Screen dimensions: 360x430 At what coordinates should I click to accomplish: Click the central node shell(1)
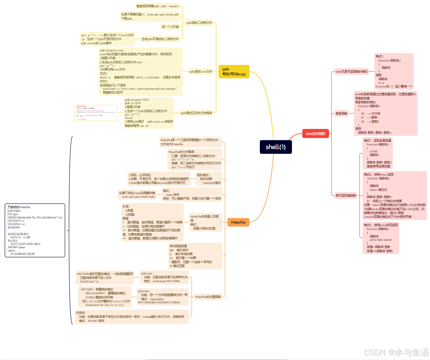pos(276,147)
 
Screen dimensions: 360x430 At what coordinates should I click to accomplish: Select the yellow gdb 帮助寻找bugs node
pos(234,72)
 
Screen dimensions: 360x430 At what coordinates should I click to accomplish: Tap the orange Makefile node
pos(238,222)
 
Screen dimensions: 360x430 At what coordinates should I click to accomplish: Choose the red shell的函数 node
pos(315,134)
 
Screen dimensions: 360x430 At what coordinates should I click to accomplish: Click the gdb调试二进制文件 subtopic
pos(199,23)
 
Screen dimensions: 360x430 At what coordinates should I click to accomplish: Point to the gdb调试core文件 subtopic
pos(201,72)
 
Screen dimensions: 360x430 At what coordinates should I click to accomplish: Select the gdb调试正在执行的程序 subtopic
pos(196,113)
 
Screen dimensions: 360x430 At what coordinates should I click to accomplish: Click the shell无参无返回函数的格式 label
pos(351,72)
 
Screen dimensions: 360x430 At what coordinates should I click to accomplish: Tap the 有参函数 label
pos(341,113)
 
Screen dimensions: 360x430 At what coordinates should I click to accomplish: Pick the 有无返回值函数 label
pos(346,195)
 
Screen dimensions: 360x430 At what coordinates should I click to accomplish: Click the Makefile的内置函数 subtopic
pos(208,297)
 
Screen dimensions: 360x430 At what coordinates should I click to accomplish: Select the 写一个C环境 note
pos(170,27)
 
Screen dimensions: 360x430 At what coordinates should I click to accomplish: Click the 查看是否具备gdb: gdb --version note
pos(157,6)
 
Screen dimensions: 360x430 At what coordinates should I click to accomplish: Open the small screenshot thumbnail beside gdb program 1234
pos(96,113)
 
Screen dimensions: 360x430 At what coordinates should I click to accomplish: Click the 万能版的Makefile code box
pos(35,230)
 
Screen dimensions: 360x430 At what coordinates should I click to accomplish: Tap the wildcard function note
pos(164,277)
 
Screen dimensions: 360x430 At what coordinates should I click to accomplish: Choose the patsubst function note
pos(163,297)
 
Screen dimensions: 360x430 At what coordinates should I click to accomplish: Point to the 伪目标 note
pos(132,317)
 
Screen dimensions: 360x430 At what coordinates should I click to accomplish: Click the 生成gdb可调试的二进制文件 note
pos(160,39)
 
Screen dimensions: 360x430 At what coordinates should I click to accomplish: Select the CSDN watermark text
pos(396,353)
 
